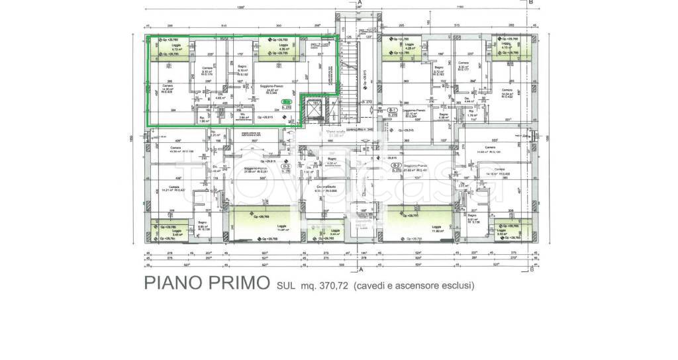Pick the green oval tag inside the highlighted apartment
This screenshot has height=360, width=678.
[x=286, y=102]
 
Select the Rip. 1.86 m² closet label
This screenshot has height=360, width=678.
[x=203, y=119]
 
